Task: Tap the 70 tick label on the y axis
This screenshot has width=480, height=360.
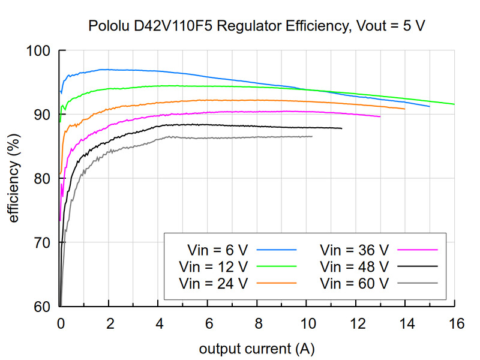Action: (42, 242)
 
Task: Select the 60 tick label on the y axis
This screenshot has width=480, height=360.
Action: (42, 307)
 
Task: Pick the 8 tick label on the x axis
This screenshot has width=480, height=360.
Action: (257, 323)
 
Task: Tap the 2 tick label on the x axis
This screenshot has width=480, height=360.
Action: (109, 323)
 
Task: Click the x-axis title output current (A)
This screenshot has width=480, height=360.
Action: (257, 349)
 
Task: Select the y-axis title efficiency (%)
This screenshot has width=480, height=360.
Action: (14, 179)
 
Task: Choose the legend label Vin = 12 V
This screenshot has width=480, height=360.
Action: (213, 265)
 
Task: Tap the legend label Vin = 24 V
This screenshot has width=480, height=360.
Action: (213, 281)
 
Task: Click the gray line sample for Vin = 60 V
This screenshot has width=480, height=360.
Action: (420, 281)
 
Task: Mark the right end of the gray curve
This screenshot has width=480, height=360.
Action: (312, 136)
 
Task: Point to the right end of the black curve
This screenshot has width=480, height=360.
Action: (341, 128)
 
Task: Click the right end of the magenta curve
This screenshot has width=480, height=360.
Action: (380, 116)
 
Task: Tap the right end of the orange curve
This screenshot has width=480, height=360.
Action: (405, 109)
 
